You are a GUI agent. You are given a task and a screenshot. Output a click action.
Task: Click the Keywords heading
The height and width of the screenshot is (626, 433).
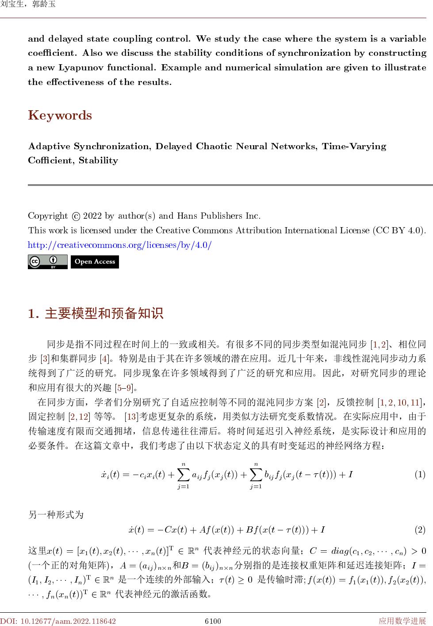click(x=60, y=116)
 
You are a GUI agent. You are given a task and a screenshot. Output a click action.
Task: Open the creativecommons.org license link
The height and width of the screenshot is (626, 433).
click(x=119, y=245)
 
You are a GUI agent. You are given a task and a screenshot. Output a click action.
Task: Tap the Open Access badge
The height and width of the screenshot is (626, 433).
click(x=95, y=262)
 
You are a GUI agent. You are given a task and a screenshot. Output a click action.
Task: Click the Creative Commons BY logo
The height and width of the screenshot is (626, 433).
click(x=47, y=262)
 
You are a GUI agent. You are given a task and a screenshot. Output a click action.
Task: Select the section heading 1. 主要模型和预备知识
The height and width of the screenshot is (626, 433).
click(x=96, y=313)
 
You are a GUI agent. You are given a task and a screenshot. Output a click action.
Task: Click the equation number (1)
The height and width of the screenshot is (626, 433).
click(x=420, y=475)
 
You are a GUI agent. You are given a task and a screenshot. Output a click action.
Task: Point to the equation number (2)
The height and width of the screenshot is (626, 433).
click(x=420, y=529)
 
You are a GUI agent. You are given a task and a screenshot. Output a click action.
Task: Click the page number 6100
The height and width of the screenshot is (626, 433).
click(x=213, y=621)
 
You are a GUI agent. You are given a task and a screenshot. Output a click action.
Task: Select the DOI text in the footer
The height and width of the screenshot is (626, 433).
click(x=58, y=621)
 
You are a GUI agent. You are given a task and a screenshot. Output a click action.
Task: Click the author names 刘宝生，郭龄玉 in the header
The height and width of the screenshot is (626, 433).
click(x=27, y=5)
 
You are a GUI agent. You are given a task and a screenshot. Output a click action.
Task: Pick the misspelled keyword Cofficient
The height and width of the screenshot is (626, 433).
click(x=50, y=161)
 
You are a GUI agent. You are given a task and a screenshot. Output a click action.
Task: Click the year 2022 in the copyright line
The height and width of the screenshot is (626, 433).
click(x=92, y=216)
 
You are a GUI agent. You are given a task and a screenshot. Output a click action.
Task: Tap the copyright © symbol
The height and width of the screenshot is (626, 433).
click(x=75, y=216)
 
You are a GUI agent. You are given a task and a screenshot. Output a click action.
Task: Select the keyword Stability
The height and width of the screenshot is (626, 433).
click(x=98, y=161)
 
